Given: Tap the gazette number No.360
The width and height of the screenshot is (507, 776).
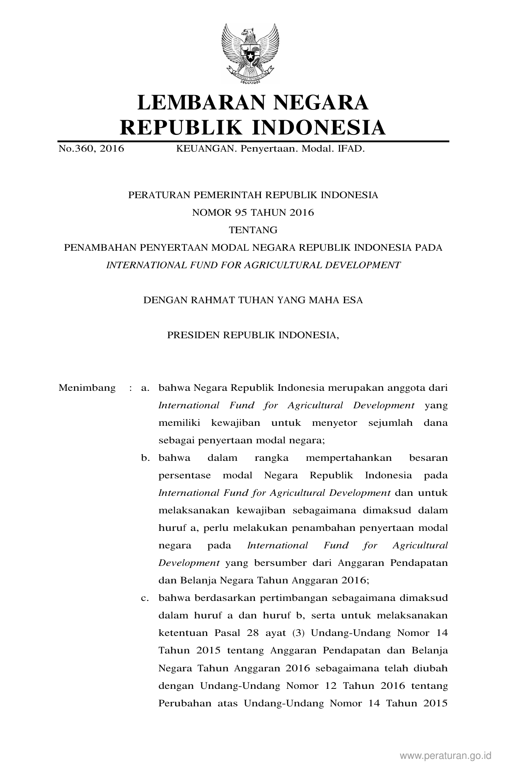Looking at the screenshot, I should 75,149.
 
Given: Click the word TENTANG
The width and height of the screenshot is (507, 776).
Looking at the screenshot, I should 253,230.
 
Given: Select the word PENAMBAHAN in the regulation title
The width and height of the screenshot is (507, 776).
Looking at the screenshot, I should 100,248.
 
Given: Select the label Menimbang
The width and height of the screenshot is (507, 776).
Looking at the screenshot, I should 87,388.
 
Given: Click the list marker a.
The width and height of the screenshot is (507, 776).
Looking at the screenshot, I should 145,388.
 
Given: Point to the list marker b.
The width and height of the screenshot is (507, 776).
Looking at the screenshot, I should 145,458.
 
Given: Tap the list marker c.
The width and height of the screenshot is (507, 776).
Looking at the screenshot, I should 145,598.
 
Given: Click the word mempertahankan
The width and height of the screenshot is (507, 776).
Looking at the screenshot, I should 348,458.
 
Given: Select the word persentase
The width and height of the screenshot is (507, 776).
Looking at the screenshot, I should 184,476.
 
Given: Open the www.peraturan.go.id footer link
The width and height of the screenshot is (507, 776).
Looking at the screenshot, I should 446,755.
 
